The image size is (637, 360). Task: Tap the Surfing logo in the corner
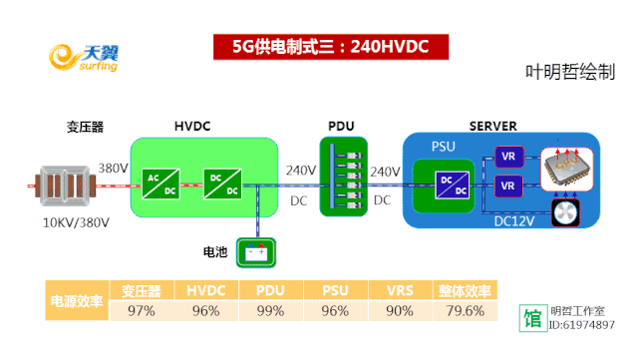(x=86, y=57)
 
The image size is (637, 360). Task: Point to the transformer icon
(x=63, y=183)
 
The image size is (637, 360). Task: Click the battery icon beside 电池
(x=255, y=251)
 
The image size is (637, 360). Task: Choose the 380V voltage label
(x=113, y=168)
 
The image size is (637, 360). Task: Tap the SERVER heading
(x=492, y=127)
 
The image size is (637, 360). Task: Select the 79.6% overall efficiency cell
(x=464, y=311)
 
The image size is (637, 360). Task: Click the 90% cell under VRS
(x=400, y=311)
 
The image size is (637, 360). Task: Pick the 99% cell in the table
(x=270, y=311)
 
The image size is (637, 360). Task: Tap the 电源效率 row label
(x=76, y=301)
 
